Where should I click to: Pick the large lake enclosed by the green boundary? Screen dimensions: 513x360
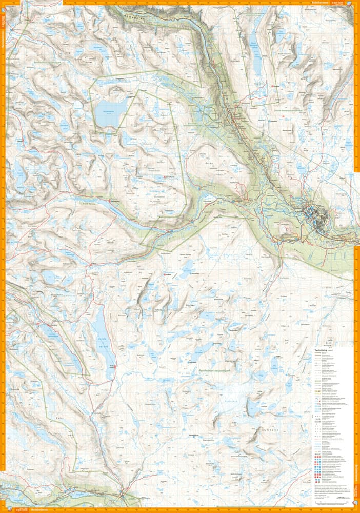coord(110,111)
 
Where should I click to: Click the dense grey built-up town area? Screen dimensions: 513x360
coord(314,213)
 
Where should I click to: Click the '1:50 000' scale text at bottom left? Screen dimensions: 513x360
coord(21,510)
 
